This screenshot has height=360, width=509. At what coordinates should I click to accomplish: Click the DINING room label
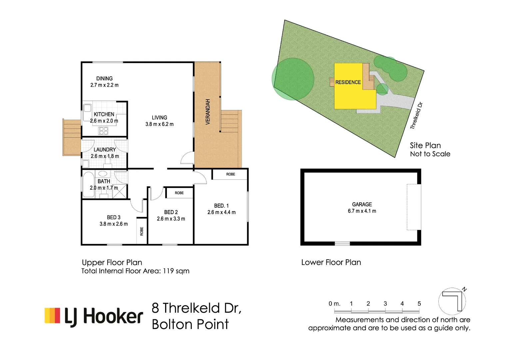(x=104, y=79)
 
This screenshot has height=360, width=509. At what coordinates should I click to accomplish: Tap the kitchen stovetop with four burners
(x=103, y=131)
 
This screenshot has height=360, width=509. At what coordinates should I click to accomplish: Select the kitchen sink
(x=87, y=108)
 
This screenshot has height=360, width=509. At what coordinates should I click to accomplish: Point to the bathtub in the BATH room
(x=88, y=185)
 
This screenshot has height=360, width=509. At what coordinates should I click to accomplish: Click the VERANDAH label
(x=208, y=112)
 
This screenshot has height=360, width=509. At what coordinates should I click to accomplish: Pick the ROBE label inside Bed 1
(x=231, y=174)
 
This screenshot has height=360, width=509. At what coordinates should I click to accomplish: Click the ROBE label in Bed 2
(x=179, y=193)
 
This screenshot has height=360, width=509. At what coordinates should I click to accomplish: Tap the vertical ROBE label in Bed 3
(x=142, y=231)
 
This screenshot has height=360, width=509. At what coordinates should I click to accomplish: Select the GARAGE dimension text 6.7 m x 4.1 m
(x=362, y=211)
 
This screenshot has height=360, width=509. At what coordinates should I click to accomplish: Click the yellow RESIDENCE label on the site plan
(x=348, y=82)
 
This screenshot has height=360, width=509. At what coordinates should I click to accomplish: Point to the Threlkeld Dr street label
(x=416, y=116)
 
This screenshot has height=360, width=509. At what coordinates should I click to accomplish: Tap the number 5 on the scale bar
(x=419, y=304)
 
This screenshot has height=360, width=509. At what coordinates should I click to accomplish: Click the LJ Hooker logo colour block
(x=52, y=315)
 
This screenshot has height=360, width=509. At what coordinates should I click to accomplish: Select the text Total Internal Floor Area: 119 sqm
(x=135, y=271)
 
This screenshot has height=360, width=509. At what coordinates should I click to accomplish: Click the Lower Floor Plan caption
(x=331, y=262)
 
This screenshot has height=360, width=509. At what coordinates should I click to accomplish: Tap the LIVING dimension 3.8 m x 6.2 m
(x=159, y=124)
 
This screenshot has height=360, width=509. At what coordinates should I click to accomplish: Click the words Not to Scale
(x=430, y=154)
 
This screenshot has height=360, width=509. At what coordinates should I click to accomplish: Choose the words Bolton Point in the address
(x=190, y=324)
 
